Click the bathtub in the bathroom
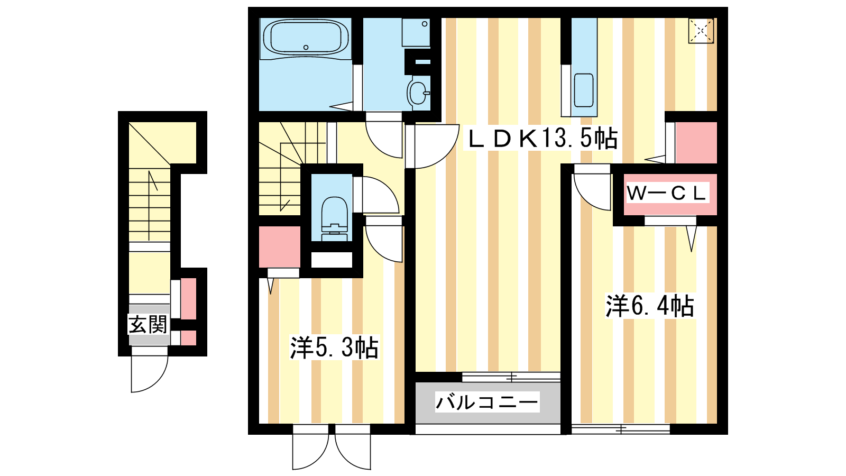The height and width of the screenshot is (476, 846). point(306,37)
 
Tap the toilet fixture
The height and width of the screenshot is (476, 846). point(334,218)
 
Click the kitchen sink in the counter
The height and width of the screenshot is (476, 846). point(584,90)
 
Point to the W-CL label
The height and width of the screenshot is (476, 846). point(666,194)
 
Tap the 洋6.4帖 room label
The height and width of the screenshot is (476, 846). point(650,306)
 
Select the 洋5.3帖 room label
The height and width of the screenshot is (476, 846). point(334,347)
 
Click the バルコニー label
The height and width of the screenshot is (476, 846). point(487,401)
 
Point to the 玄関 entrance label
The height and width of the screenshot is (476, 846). point(148,325)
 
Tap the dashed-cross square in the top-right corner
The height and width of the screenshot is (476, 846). point(701,31)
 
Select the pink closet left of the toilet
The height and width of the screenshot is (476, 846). point(280,246)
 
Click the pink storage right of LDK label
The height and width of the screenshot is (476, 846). point(696,142)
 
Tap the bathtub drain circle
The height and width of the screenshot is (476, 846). point(306,47)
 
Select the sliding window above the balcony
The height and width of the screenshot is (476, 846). point(511,377)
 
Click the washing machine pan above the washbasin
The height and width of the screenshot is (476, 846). point(416,32)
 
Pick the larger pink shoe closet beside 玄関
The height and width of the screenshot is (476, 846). point(188,298)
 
